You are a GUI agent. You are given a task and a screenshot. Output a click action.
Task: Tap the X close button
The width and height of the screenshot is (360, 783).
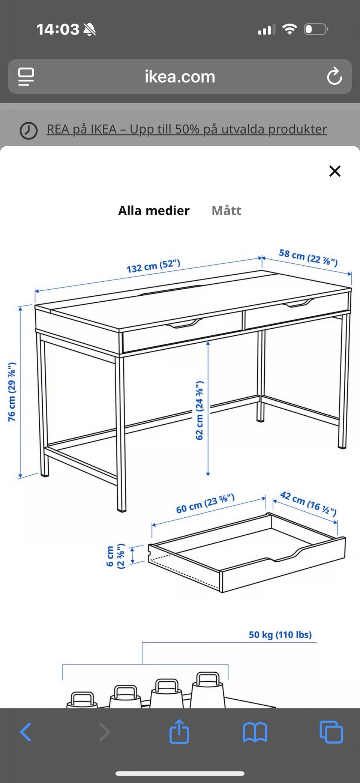click(334, 171)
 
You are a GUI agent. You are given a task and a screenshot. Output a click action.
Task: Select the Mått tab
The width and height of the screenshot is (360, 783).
click(226, 210)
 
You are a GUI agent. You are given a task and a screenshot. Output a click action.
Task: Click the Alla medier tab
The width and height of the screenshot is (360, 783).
click(154, 210)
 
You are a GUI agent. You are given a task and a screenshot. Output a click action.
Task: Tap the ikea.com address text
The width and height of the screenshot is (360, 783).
click(180, 77)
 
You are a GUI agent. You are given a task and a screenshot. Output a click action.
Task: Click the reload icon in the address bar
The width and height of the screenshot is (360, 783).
click(334, 77)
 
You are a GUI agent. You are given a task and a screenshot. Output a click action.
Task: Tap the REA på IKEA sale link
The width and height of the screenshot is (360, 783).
click(187, 129)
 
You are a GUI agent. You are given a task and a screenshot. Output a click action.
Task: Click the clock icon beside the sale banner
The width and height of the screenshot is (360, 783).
click(28, 131)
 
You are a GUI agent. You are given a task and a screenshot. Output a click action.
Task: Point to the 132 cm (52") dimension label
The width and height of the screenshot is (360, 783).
click(153, 266)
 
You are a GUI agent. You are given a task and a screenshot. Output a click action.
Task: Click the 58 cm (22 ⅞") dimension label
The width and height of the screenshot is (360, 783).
click(308, 257)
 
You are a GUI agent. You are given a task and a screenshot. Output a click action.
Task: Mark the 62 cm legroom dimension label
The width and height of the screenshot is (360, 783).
click(199, 410)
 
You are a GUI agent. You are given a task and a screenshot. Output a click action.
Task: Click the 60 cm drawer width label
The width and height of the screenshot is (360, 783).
click(205, 503)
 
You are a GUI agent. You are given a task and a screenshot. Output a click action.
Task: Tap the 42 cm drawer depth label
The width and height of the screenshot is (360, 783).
click(308, 503)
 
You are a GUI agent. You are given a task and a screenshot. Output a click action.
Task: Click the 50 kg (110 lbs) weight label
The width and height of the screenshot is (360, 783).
click(280, 634)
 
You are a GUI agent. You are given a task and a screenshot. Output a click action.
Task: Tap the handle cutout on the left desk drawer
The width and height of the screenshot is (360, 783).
click(184, 323)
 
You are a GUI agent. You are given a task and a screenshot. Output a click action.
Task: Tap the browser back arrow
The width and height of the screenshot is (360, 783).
click(25, 732)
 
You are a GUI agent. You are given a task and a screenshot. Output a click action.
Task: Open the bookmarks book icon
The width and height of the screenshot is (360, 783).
click(255, 732)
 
